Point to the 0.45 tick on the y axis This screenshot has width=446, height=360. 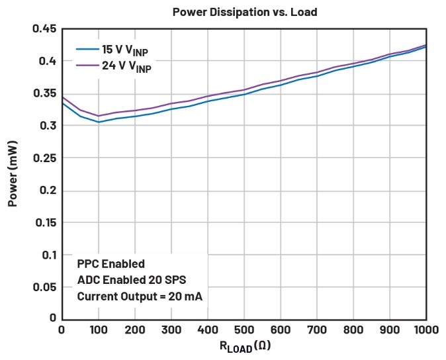[44, 29]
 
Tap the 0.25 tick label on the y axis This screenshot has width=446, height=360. [44, 158]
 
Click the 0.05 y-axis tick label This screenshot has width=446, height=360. [44, 287]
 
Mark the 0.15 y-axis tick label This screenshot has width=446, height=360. [44, 222]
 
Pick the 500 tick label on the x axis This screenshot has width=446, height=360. [244, 330]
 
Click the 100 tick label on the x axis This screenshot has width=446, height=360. [99, 330]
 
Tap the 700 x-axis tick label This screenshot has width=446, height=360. [316, 330]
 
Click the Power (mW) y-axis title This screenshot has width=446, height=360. [13, 173]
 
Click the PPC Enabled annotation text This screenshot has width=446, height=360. [111, 263]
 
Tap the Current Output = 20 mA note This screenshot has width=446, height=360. [140, 296]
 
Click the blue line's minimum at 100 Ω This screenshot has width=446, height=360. [99, 122]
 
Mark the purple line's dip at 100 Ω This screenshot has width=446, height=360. [99, 116]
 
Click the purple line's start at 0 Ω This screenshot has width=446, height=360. [62, 97]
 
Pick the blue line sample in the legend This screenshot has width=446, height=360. [87, 49]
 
